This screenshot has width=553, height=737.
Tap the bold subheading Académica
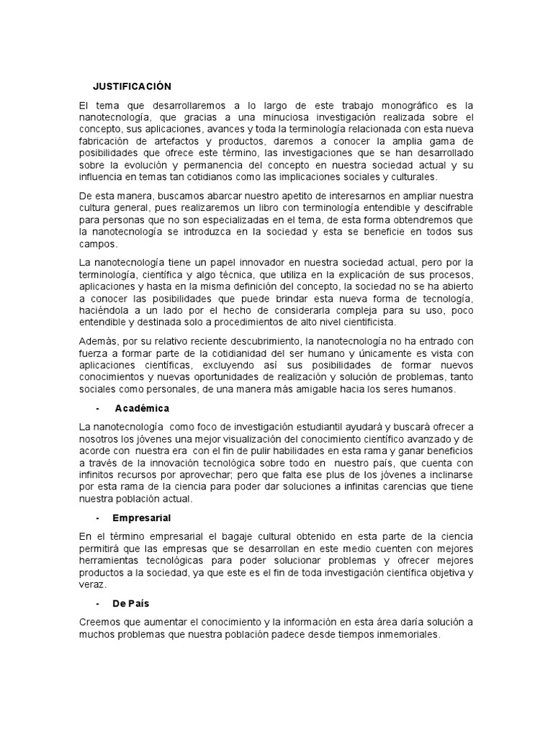142,408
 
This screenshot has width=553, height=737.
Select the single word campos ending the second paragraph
98,244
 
